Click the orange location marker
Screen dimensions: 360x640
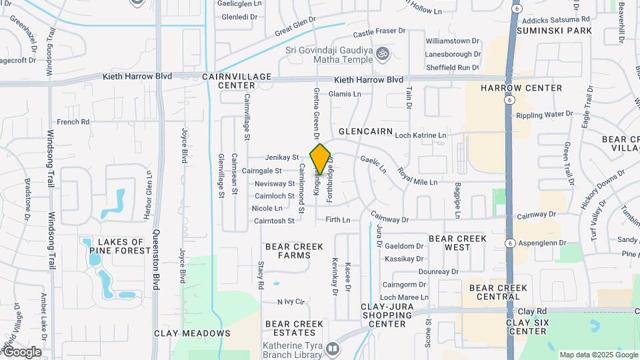[321, 159]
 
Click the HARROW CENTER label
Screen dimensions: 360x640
[521, 87]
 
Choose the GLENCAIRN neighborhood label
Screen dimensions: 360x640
[363, 132]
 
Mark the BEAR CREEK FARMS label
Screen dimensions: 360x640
[294, 251]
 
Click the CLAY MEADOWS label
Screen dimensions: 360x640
[192, 333]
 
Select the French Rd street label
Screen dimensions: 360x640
[73, 122]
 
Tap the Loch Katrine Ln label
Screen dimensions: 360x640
[420, 135]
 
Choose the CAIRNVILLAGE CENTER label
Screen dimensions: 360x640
[237, 81]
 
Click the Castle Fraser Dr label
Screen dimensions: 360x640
[379, 31]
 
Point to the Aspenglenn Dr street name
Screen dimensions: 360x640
[543, 243]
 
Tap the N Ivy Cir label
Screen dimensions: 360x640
[291, 302]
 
